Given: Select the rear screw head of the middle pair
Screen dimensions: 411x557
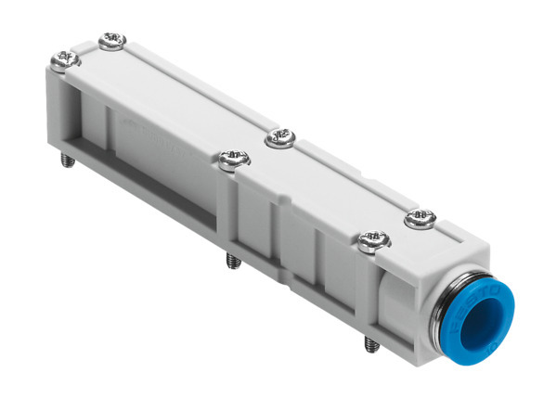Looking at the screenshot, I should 279,139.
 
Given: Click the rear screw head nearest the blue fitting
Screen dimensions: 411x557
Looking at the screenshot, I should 421,219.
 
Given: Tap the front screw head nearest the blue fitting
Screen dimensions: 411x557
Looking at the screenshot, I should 373,243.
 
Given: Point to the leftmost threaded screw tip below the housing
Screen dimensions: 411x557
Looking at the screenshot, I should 68,160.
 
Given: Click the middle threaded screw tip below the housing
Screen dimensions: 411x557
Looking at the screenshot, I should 232,262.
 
